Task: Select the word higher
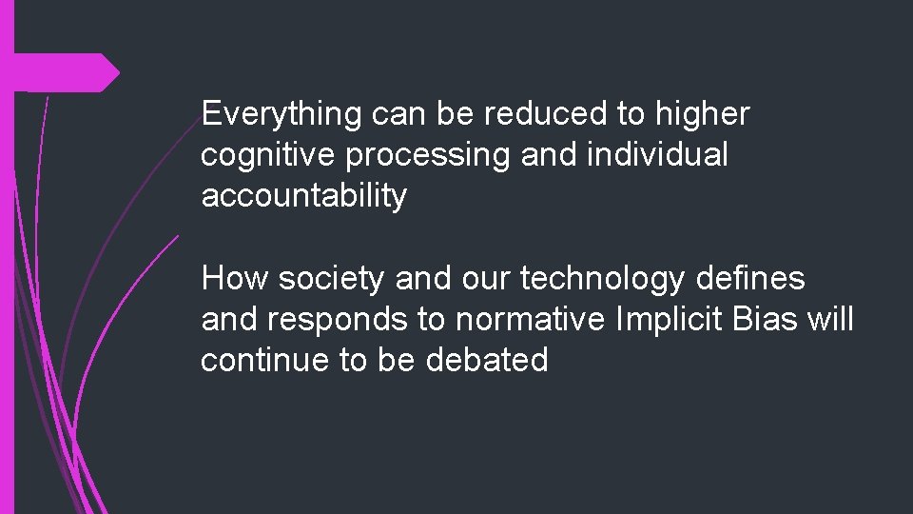click(702, 114)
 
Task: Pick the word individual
click(656, 155)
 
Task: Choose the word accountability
click(303, 197)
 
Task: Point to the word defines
click(750, 279)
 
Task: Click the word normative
click(530, 321)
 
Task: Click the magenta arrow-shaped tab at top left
click(66, 72)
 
